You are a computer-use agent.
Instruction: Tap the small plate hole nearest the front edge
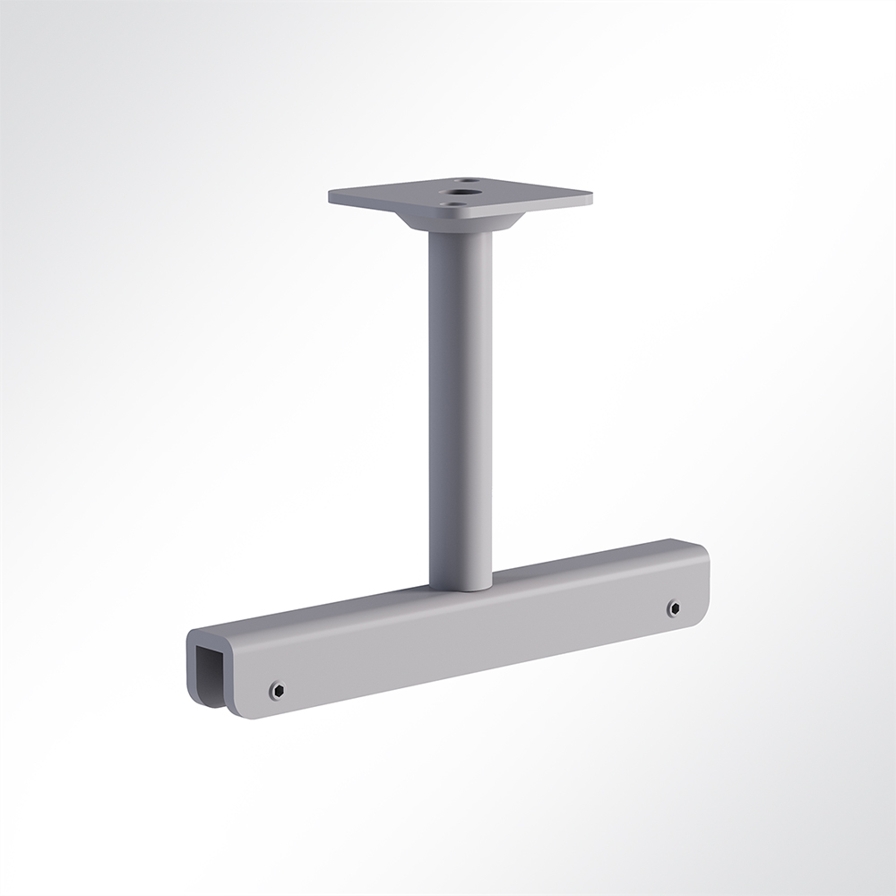pyautogui.click(x=456, y=204)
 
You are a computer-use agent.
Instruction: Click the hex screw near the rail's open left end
pyautogui.click(x=277, y=690)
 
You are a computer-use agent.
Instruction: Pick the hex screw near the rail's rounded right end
pyautogui.click(x=673, y=608)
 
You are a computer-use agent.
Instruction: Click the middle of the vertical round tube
pyautogui.click(x=460, y=403)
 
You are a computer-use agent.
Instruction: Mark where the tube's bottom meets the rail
pyautogui.click(x=461, y=588)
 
